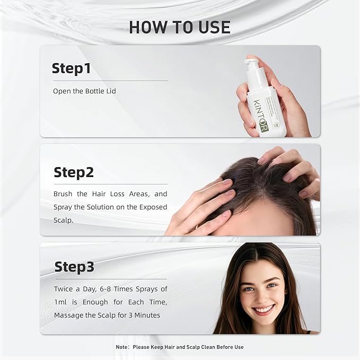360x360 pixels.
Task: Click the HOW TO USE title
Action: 180,27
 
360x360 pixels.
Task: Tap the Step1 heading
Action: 71,68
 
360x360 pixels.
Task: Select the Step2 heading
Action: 74,172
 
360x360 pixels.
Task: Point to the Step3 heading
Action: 74,267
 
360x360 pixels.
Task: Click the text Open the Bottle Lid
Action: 84,91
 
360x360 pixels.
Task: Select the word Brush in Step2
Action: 64,194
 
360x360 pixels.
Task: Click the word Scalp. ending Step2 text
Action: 64,219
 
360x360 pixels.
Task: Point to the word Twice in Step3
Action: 65,289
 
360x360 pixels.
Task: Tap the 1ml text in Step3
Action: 61,302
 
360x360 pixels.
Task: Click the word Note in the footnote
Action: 122,347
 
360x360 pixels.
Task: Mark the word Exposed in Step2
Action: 151,206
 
